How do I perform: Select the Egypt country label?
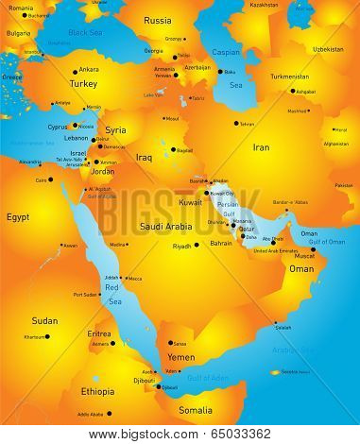coord(18,216)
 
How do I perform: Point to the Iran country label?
coord(261,147)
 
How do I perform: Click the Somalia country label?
coord(196,409)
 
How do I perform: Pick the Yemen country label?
coord(180,358)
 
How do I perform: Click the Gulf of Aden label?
coord(209,378)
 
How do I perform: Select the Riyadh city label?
coord(181,246)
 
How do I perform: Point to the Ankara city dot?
coord(74,69)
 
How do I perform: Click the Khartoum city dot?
coord(49,336)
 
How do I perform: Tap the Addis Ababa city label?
coord(92,414)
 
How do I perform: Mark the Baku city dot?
coord(220,72)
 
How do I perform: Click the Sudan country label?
coord(44,320)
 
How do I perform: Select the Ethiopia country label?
coord(97,389)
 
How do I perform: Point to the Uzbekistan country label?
coord(327,48)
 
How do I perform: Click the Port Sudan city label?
coord(85,294)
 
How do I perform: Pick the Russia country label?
coord(158,20)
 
